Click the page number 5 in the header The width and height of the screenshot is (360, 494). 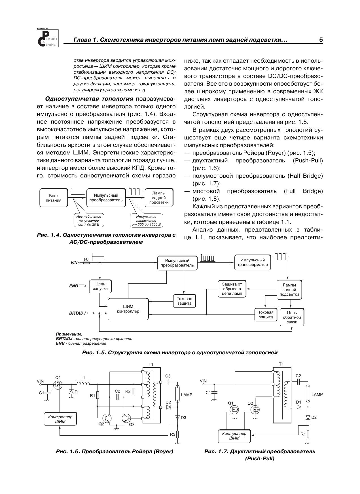(321, 40)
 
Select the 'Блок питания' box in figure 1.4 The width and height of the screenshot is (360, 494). (54, 198)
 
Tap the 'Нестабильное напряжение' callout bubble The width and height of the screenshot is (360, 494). (89, 220)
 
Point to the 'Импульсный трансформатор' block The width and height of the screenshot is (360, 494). (252, 262)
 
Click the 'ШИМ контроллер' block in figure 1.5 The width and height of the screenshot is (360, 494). (128, 309)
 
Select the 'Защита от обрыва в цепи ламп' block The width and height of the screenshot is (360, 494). (232, 289)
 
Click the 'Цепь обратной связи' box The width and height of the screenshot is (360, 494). (292, 317)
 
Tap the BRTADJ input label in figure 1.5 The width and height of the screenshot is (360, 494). (77, 313)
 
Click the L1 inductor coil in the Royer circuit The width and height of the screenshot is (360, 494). (83, 384)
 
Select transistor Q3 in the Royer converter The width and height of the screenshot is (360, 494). (126, 418)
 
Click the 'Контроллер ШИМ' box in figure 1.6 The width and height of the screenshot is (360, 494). (60, 419)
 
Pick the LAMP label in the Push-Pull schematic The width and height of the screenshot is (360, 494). (317, 394)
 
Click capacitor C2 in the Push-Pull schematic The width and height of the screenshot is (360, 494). (298, 382)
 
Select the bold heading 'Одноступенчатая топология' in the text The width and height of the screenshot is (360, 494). (89, 99)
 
